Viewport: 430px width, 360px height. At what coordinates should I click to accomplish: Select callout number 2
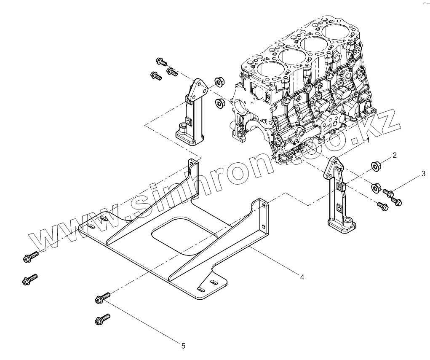coord(395,155)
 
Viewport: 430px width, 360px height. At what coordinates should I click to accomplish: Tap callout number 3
coord(424,173)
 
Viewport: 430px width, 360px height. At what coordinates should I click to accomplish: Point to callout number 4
coord(302,277)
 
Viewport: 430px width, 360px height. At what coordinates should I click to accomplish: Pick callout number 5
coord(183,346)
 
